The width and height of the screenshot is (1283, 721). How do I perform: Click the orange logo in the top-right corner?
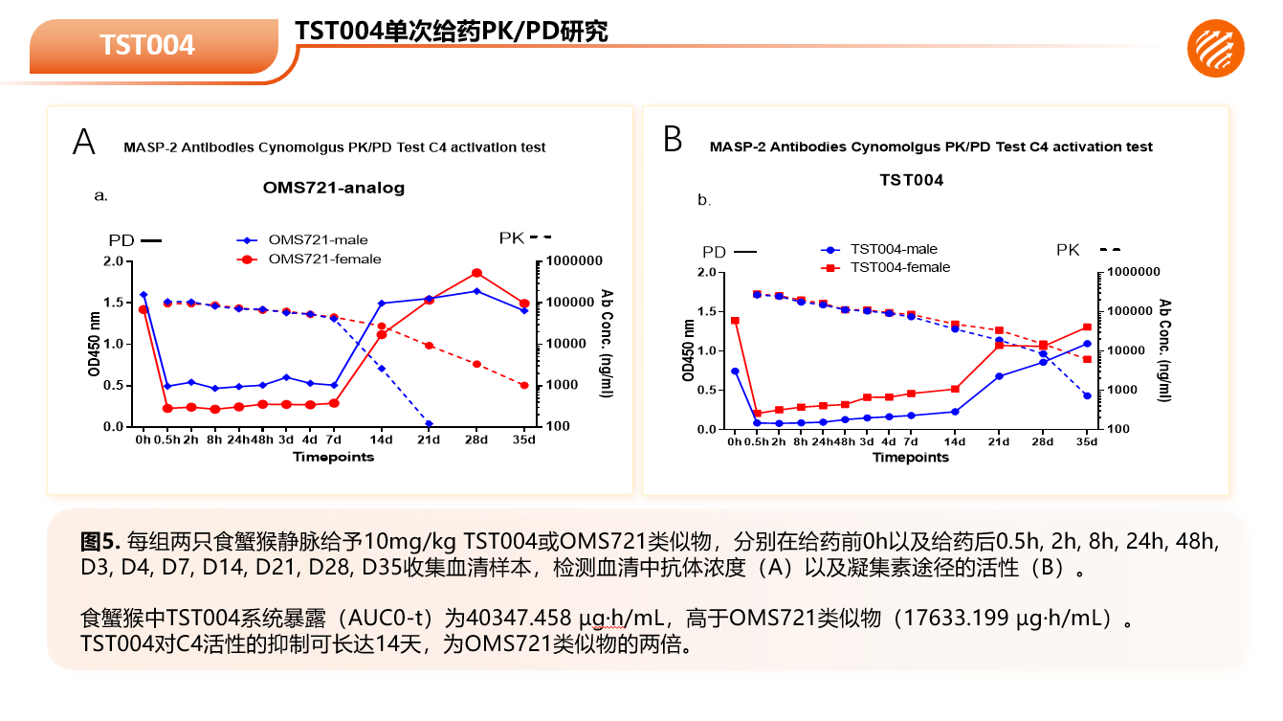pos(1216,48)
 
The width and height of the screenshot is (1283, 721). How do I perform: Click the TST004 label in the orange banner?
pos(147,45)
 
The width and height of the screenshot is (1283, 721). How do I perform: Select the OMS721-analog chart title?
pos(334,188)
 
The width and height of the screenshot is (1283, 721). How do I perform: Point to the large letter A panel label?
pos(84,142)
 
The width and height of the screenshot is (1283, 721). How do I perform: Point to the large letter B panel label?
pos(673,140)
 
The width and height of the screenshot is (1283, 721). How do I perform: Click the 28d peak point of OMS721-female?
pos(476,273)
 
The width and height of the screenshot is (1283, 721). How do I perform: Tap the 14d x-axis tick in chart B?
pos(955,441)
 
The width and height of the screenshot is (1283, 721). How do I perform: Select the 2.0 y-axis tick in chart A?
pos(115,261)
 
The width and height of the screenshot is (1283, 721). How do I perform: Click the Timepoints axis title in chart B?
pos(910,458)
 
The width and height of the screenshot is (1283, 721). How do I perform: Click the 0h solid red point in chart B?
pos(735,321)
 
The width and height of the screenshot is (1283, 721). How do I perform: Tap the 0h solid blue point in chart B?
pos(735,372)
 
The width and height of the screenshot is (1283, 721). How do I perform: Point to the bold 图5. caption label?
pos(100,541)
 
